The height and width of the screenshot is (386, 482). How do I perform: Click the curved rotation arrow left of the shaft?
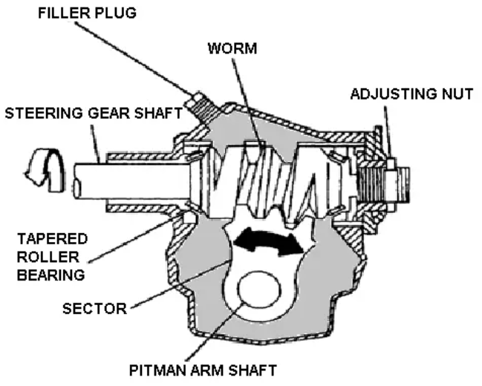pos(36,179)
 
